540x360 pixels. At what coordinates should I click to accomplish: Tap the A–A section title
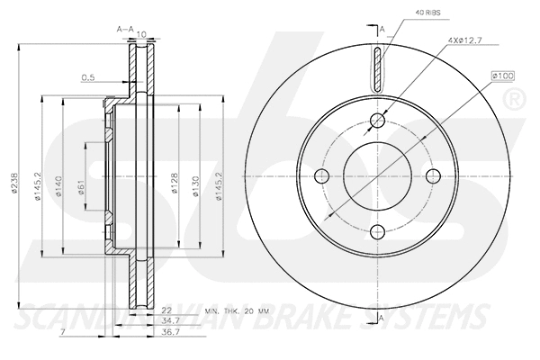126,30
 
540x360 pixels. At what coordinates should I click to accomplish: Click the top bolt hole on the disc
378,121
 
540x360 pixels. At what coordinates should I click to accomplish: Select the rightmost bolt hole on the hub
433,175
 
